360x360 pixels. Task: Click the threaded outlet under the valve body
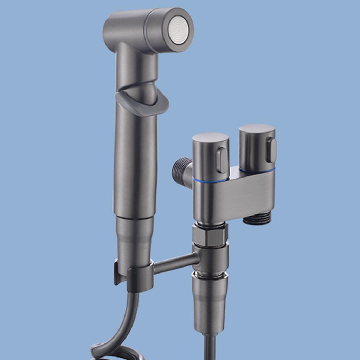pos(257,218)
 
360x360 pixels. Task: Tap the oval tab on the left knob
pos(222,160)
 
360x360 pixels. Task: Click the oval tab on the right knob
pos(271,150)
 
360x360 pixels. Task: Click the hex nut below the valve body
pos(210,236)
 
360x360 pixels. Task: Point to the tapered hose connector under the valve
pos(210,302)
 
